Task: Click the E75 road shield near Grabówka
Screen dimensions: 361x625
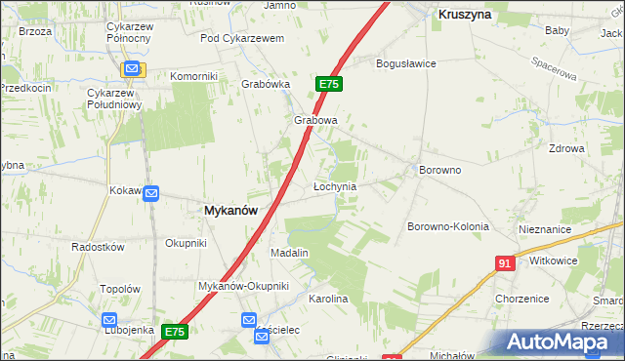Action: coord(328,85)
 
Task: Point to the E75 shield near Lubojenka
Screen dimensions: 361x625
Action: coord(174,332)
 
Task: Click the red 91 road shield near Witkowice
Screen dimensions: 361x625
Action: coord(504,263)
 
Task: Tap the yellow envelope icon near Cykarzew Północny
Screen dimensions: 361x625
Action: coord(133,69)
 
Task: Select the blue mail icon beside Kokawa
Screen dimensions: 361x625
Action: coord(151,194)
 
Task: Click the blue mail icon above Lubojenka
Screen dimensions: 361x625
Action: coord(109,319)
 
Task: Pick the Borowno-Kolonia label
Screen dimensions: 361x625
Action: coord(447,226)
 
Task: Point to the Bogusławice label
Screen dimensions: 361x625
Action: coord(406,63)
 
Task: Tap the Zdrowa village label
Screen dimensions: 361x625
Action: coord(566,149)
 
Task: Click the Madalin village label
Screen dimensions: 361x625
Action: coord(289,253)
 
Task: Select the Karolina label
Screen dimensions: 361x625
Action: coord(328,299)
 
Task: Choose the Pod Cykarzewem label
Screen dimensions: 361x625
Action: coord(241,38)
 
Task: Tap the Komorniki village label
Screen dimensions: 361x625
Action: coord(193,76)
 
